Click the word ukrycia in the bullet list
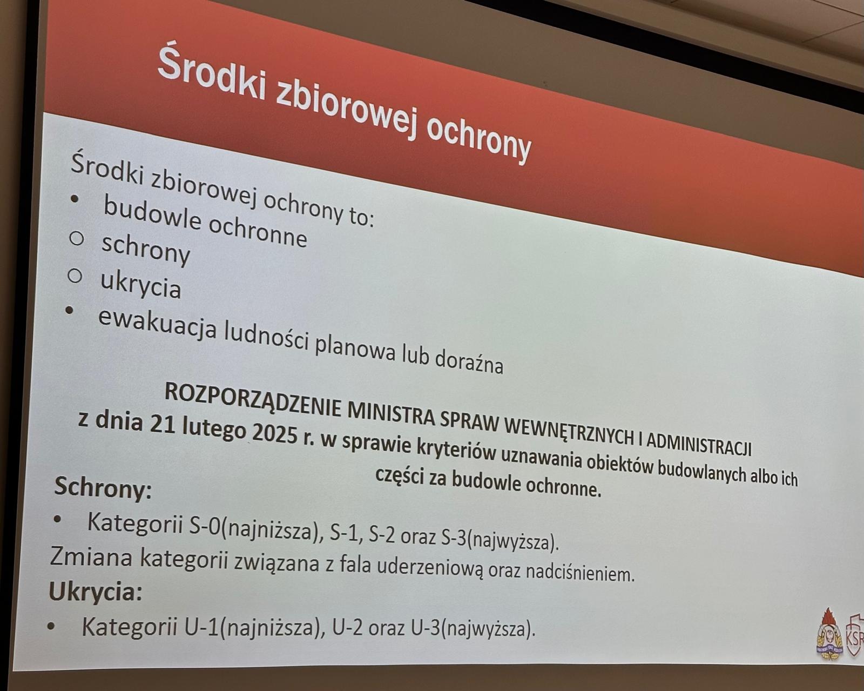pos(140,285)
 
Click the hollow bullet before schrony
pos(76,239)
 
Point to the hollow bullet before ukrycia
pos(75,276)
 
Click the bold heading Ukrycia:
pos(96,592)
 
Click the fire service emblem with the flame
pos(829,640)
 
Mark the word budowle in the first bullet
pos(152,214)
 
